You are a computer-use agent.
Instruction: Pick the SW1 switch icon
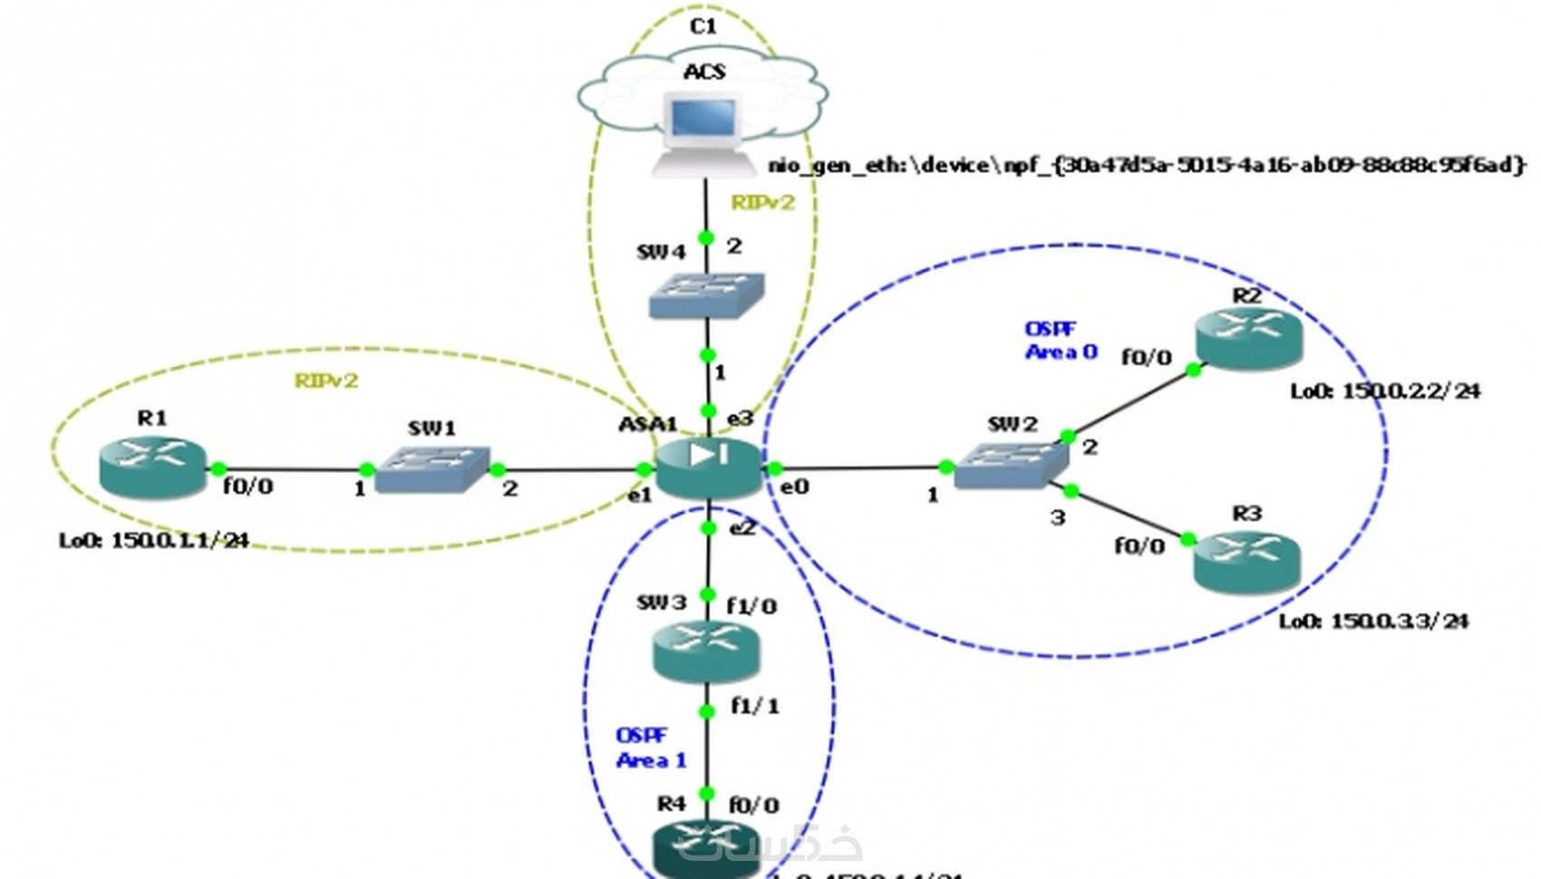[x=432, y=468]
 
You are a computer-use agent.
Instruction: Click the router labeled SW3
[x=705, y=652]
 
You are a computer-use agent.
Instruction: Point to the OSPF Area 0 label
[x=1060, y=341]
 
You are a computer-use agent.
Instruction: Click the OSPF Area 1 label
[x=650, y=749]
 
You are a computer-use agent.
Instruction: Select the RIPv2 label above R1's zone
[x=326, y=381]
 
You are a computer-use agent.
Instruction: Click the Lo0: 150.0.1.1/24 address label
[x=154, y=541]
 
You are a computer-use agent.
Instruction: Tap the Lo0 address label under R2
[x=1385, y=391]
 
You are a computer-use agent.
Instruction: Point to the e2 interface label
[x=741, y=527]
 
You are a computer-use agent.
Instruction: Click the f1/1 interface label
[x=754, y=705]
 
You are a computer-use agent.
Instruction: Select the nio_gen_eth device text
[x=1147, y=165]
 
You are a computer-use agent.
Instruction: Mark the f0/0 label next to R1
[x=248, y=488]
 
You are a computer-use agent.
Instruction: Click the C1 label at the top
[x=703, y=26]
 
